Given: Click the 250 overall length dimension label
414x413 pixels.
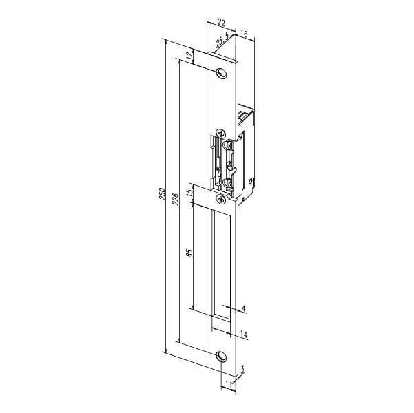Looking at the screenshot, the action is tap(162, 194).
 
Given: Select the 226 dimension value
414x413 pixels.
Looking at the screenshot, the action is tap(176, 199).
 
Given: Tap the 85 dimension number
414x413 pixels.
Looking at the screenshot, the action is tap(189, 253).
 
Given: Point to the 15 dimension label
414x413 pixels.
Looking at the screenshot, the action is tap(189, 194).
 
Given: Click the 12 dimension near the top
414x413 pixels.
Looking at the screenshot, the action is tap(189, 56).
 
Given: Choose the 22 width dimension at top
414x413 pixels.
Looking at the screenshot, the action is tap(221, 23).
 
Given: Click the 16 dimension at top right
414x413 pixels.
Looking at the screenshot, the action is tap(244, 34).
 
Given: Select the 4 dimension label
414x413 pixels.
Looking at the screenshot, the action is tap(243, 308).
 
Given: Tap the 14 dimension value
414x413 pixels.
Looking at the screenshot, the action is tap(244, 335).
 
